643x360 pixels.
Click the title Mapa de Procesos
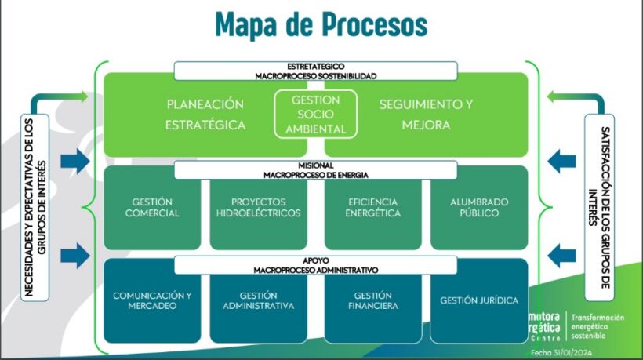point(321,23)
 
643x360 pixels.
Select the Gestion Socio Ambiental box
point(315,115)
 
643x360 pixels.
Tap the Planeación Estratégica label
point(206,115)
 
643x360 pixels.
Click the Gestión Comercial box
point(151,207)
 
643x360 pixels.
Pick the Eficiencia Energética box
point(373,207)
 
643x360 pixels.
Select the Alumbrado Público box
point(478,207)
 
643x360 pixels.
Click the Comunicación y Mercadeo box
point(151,300)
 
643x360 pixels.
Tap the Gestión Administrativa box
point(257,300)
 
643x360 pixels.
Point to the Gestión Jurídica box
point(478,300)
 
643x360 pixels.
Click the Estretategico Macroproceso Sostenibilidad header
point(315,71)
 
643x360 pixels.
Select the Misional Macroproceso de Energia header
point(315,169)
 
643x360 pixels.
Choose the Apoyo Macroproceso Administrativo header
point(315,264)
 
